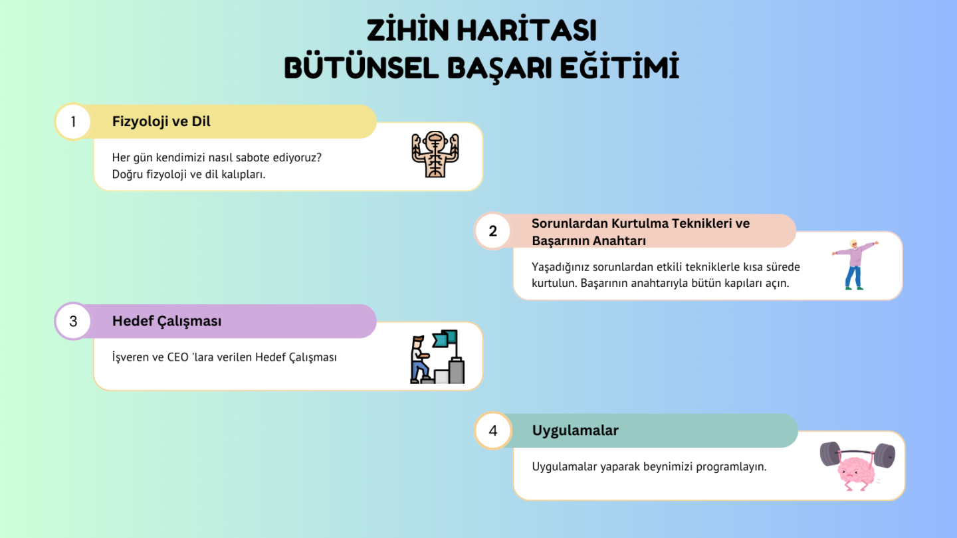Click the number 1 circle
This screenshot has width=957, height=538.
(73, 122)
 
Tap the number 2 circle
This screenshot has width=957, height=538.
(492, 231)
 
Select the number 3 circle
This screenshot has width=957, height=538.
(73, 321)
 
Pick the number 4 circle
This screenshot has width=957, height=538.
(492, 430)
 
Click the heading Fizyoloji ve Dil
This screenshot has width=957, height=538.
(161, 122)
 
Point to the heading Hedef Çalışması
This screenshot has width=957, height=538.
(167, 321)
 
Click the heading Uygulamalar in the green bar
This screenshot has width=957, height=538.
(575, 431)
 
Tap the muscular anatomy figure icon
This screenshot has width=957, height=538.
(435, 154)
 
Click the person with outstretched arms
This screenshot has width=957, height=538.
(855, 265)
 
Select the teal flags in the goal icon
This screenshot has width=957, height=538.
(445, 339)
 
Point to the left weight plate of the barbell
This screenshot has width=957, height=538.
(829, 454)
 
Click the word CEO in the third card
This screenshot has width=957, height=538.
(177, 357)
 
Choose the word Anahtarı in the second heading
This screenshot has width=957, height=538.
(619, 241)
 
